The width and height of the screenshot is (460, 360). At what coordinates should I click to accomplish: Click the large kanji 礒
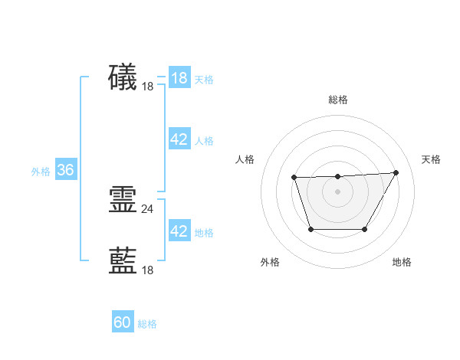point(123,77)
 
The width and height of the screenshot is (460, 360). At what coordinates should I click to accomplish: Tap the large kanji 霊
point(123,200)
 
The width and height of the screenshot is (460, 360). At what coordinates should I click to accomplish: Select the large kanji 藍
point(123,261)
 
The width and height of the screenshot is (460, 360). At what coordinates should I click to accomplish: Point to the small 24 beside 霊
point(148,208)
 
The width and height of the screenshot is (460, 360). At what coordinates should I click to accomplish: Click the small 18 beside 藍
point(148,270)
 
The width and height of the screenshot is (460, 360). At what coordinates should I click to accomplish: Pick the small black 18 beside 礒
point(148,87)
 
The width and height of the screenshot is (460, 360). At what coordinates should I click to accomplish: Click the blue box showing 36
point(65,170)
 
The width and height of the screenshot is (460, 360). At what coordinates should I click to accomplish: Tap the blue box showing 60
point(123,323)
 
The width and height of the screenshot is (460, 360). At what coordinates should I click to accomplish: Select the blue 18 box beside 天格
point(179,78)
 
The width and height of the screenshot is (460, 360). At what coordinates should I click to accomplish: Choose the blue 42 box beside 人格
point(179,139)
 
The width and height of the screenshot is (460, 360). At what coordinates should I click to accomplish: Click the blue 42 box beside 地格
point(179,231)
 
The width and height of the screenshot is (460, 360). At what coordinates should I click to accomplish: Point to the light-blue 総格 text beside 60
point(147,325)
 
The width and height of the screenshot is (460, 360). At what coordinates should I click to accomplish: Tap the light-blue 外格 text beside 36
point(41,172)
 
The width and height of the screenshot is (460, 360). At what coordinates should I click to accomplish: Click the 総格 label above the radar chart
point(337,100)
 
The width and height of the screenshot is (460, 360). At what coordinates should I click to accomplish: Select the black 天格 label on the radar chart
point(431,159)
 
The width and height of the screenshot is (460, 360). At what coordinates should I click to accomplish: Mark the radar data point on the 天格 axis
point(396,172)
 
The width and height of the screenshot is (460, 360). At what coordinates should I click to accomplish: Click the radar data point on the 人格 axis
point(294,178)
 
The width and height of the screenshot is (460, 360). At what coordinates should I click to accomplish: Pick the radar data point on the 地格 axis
point(364,229)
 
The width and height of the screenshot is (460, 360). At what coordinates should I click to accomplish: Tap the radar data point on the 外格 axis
point(310,229)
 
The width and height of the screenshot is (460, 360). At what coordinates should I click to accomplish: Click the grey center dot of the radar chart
point(337,191)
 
